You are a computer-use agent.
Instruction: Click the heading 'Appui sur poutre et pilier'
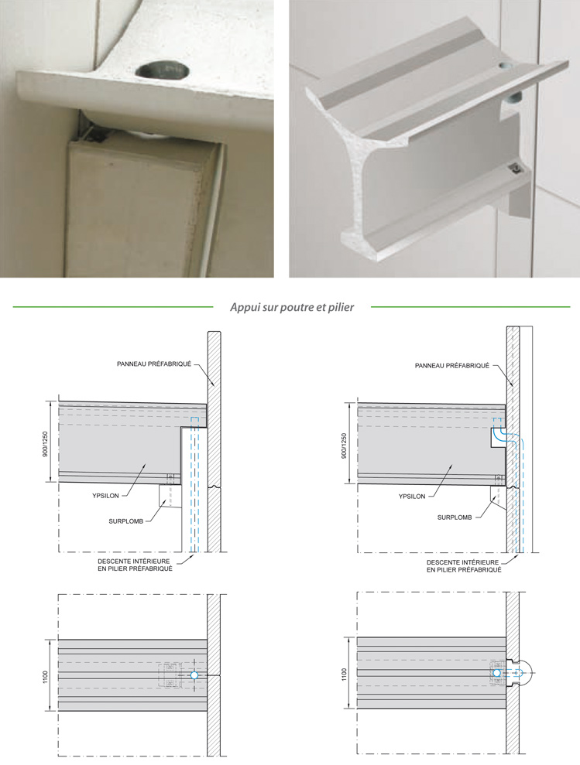292,307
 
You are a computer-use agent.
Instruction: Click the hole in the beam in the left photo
163,71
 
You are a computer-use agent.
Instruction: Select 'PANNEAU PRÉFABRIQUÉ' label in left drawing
154,364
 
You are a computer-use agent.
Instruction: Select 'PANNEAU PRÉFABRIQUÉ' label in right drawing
452,365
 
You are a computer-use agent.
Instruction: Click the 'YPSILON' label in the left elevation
105,496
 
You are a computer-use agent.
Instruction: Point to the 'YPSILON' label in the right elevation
412,496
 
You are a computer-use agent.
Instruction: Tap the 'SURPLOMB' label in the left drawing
126,521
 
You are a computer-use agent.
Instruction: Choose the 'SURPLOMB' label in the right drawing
455,517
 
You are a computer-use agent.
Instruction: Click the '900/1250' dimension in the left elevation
46,443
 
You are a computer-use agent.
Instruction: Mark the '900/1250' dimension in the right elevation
344,446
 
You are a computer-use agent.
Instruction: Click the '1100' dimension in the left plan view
46,677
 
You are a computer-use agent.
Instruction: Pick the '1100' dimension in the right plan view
344,674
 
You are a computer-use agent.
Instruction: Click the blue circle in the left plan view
194,675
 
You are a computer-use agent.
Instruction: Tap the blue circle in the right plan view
497,673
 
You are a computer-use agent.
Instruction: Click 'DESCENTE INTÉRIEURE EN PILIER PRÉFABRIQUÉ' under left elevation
135,565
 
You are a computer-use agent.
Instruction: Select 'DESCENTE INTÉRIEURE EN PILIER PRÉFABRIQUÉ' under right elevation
464,566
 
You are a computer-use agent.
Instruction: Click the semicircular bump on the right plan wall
527,673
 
